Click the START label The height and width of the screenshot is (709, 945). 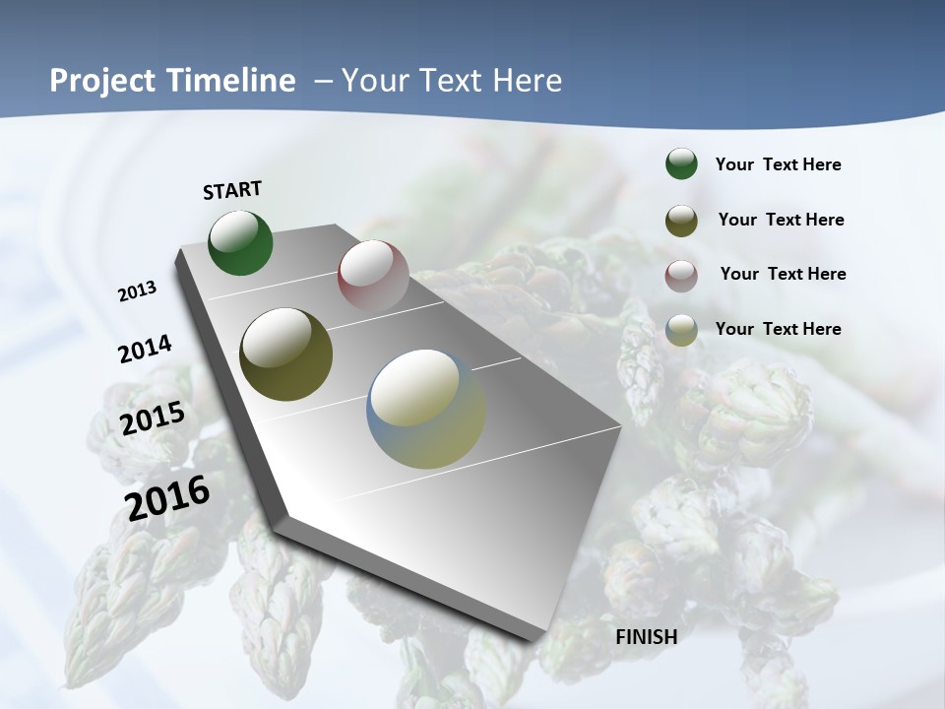232,190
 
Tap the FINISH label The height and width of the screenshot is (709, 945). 647,636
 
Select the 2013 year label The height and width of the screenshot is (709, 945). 138,291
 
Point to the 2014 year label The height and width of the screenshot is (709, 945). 146,349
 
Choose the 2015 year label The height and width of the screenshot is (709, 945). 153,419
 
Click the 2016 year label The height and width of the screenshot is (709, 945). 167,497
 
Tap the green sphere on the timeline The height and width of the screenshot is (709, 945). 240,243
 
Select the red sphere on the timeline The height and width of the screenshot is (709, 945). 373,275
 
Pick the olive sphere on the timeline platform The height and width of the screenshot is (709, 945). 286,354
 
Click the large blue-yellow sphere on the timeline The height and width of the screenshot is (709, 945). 426,409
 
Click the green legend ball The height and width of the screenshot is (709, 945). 681,163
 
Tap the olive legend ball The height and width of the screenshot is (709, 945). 681,221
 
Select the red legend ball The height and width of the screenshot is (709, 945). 681,276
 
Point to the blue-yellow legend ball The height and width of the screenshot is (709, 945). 681,330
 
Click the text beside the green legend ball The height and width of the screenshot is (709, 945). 778,164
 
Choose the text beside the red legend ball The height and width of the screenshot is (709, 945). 783,274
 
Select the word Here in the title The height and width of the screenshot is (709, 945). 527,81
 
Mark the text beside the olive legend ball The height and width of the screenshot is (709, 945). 781,220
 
